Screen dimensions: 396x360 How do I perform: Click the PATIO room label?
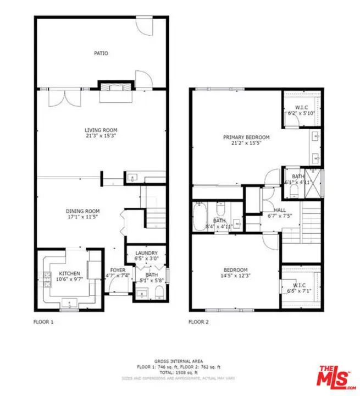(x=100, y=53)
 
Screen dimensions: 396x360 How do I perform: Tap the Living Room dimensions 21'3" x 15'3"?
(x=100, y=135)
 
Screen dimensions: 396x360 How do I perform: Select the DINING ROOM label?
(x=82, y=211)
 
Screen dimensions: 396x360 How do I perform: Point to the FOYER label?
(x=118, y=270)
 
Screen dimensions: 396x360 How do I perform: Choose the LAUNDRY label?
(x=146, y=253)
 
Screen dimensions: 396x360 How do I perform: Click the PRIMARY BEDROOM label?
(x=246, y=137)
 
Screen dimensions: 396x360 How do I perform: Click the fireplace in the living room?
(x=115, y=87)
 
